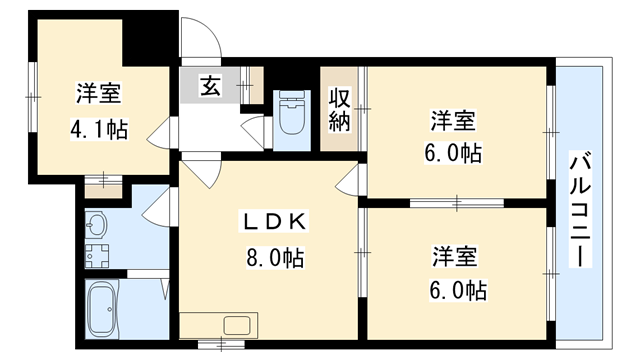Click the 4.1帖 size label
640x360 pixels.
pyautogui.click(x=98, y=129)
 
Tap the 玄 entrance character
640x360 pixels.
pyautogui.click(x=211, y=86)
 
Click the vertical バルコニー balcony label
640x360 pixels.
pyautogui.click(x=579, y=209)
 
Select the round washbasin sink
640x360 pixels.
pyautogui.click(x=96, y=223)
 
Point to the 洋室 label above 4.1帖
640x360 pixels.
pyautogui.click(x=97, y=96)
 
